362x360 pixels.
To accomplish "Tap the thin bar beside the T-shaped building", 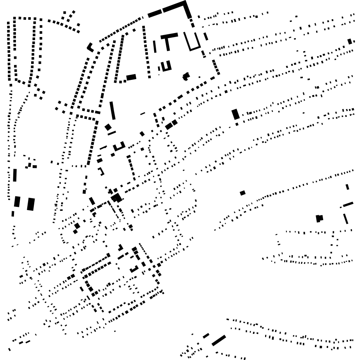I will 155,46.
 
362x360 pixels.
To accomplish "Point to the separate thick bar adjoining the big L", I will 155,14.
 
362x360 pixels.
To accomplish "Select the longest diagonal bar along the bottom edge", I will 219,340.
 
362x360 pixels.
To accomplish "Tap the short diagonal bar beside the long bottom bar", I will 206,335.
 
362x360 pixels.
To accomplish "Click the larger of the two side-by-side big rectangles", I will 31,204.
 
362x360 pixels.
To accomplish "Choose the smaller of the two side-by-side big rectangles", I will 17,201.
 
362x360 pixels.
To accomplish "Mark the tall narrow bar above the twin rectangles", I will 15,175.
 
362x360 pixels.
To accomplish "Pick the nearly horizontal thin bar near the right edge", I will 348,204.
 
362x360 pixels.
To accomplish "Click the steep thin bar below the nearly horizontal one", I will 346,219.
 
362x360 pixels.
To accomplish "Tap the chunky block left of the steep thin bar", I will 320,218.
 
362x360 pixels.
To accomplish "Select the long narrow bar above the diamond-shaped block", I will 112,110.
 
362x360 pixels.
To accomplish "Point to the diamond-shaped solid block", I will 108,127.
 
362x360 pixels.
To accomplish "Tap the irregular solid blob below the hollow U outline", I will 186,76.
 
